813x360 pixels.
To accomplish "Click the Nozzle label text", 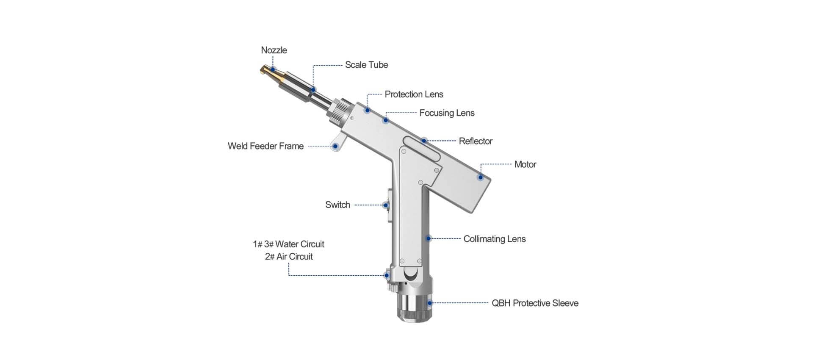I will [x=274, y=50].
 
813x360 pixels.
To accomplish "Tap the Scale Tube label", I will [x=366, y=65].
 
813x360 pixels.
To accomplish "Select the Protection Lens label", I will [x=414, y=94].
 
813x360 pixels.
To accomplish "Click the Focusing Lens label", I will [x=447, y=113].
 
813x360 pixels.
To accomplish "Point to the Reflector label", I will [x=476, y=141].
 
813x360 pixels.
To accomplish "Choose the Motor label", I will [x=525, y=164].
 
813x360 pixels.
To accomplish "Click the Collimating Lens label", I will [x=495, y=239].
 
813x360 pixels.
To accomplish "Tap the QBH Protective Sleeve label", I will [x=535, y=303].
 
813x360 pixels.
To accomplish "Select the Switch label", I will [x=337, y=205].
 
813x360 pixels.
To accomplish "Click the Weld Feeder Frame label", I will [x=265, y=146].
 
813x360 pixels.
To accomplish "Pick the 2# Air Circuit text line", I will [x=289, y=257].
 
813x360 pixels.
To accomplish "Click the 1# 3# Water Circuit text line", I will [x=288, y=244].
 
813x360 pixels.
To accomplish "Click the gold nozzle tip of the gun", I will [x=267, y=72].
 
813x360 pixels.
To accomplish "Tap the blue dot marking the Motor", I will [x=480, y=177].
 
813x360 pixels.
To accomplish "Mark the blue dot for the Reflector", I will [x=423, y=141].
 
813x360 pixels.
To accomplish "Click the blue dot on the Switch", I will [x=385, y=205].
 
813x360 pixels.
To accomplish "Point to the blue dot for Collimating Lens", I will [x=429, y=239].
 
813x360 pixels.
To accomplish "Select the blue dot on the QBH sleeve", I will [x=430, y=303].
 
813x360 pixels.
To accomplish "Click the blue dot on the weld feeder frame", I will [x=335, y=147].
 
